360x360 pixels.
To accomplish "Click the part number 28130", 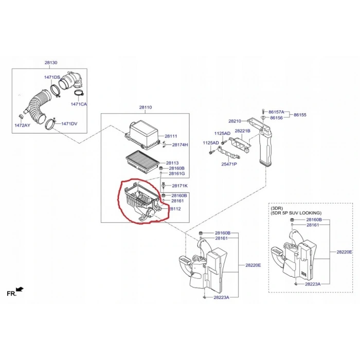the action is click(51, 62).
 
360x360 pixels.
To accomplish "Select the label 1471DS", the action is click(52, 77).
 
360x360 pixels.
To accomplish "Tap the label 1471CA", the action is click(79, 104).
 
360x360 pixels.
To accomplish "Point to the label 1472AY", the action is click(22, 125).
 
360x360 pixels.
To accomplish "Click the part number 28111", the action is click(171, 136).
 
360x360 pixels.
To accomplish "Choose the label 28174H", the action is click(180, 145).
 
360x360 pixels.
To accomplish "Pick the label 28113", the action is click(172, 163).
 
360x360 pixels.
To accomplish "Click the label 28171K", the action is click(180, 186).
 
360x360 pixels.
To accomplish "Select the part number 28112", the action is click(175, 209).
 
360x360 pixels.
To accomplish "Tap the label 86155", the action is click(300, 115).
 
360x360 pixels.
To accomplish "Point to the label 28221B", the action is click(242, 131).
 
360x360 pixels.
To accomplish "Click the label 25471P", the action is click(229, 164).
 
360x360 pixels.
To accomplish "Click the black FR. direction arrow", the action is click(20, 289).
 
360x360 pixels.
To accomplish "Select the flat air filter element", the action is click(143, 161).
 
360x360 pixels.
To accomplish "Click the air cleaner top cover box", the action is click(142, 136).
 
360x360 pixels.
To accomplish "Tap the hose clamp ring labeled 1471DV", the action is click(51, 123).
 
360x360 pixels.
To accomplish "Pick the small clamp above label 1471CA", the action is click(79, 93).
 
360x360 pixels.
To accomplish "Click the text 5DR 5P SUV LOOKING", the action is click(296, 213).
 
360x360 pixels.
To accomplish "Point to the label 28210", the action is click(235, 121).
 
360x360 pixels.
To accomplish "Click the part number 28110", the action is click(146, 107).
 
